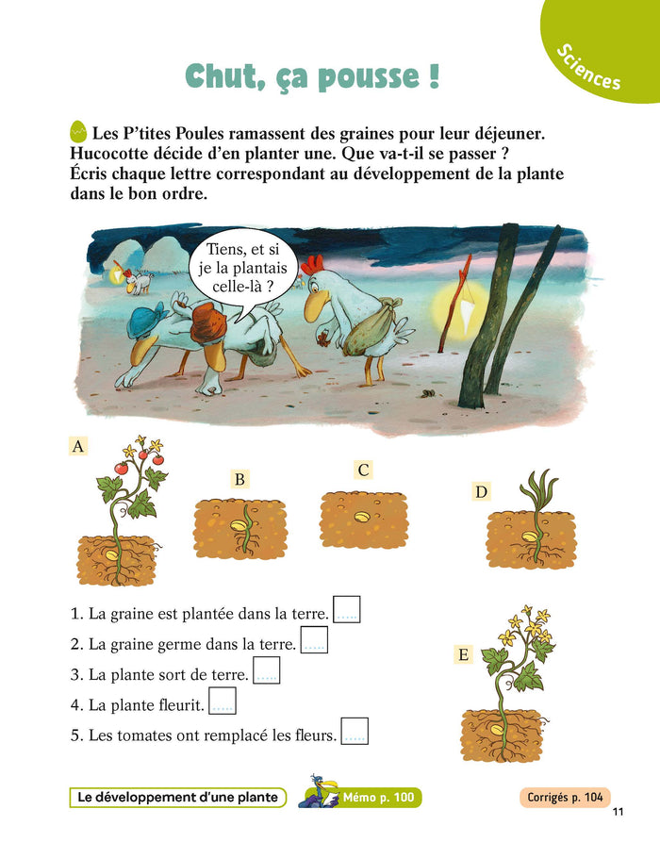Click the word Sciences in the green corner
point(588,67)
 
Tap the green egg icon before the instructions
point(78,132)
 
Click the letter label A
point(78,446)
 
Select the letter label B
point(239,479)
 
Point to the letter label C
point(363,470)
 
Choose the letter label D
point(481,491)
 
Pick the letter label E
point(464,654)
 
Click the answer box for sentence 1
point(347,609)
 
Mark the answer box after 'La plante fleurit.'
point(223,701)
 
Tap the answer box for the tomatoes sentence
point(355,731)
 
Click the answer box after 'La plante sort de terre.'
point(267,670)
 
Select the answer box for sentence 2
point(314,639)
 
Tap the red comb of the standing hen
point(312,264)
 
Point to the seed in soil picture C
point(362,517)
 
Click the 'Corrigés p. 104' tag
point(565,798)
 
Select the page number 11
point(619,812)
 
